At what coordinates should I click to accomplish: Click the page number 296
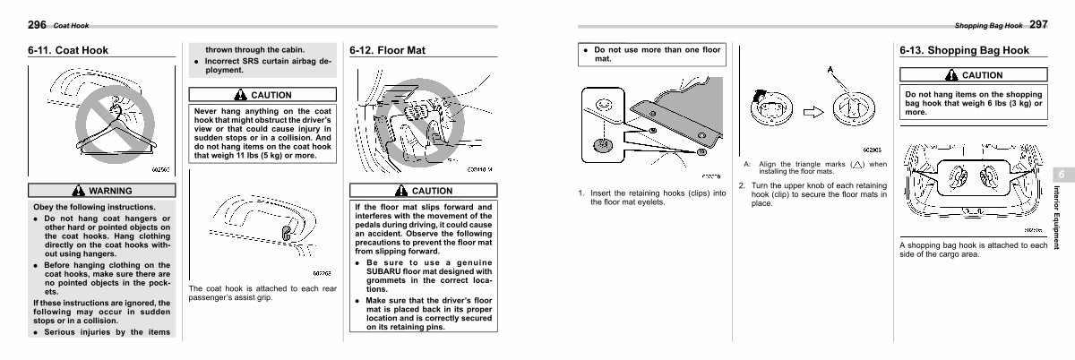pyautogui.click(x=37, y=24)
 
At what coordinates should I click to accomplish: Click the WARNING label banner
pyautogui.click(x=100, y=191)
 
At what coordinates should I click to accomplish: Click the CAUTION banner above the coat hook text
pyautogui.click(x=262, y=95)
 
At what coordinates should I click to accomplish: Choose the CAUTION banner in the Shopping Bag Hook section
pyautogui.click(x=974, y=76)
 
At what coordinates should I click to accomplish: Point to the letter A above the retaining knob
pyautogui.click(x=831, y=70)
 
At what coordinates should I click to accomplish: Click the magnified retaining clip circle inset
pyautogui.click(x=602, y=141)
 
